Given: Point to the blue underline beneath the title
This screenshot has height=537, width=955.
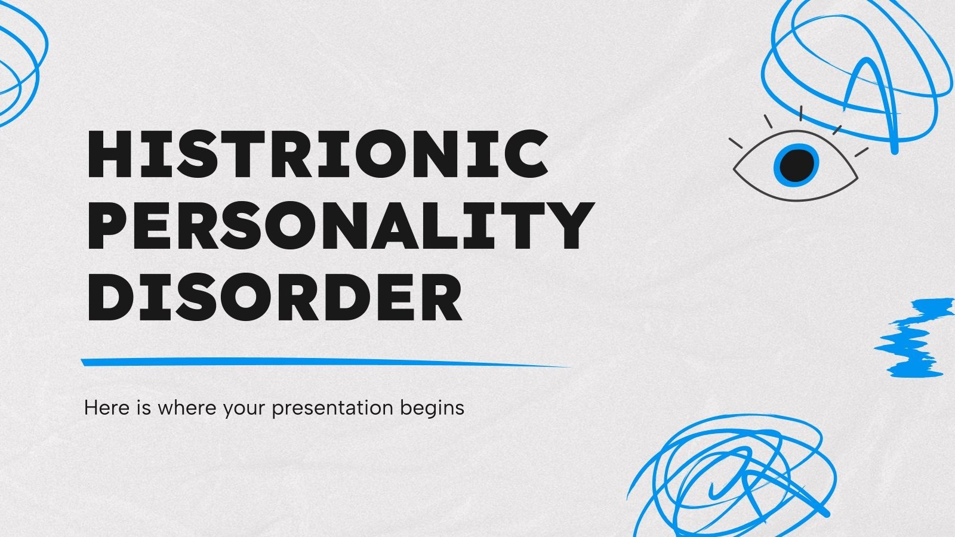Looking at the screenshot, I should [322, 362].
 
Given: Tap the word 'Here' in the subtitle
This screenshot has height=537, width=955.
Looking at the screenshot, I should [103, 408].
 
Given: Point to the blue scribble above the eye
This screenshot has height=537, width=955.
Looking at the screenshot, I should [854, 66].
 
